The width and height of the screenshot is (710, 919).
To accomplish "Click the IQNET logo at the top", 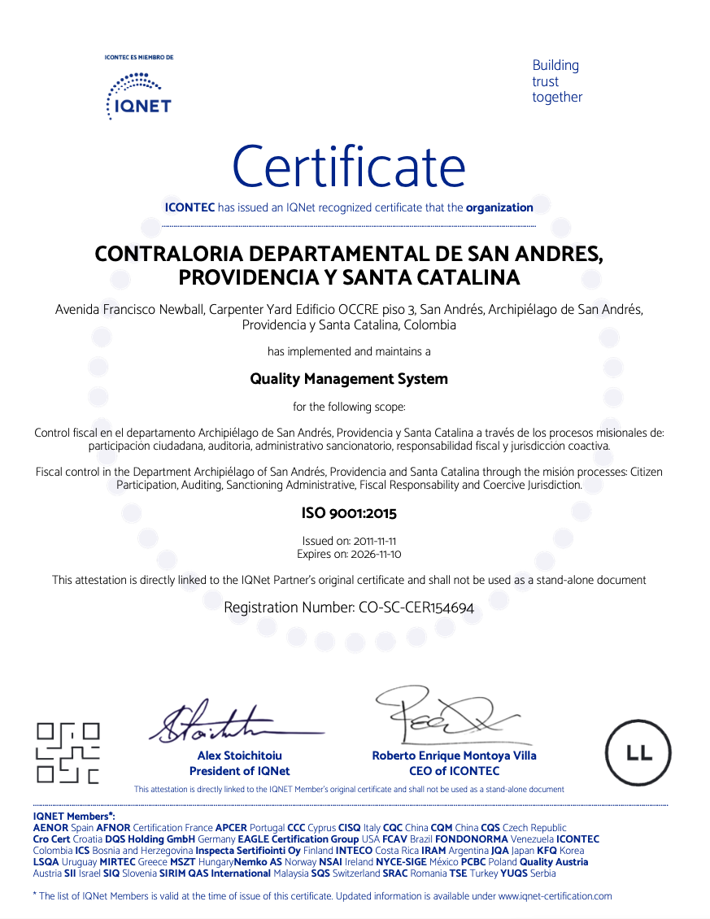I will click(x=139, y=96).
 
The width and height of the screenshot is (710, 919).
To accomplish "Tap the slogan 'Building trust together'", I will click(x=557, y=81).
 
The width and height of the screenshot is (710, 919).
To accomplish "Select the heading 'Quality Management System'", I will click(x=349, y=379).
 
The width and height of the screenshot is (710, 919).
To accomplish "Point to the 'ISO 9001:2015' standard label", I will click(x=349, y=513).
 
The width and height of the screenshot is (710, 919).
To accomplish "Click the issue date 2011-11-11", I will click(x=372, y=541).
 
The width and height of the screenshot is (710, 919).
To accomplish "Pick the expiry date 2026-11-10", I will click(x=374, y=554).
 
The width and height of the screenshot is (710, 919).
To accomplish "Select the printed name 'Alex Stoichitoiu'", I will click(x=239, y=756).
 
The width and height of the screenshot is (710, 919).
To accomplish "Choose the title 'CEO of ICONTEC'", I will click(x=454, y=771).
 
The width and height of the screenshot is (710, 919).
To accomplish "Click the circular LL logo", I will click(x=639, y=752).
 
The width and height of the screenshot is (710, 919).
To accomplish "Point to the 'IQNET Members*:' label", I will click(x=74, y=816).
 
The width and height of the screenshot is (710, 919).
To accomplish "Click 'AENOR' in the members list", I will click(x=50, y=827).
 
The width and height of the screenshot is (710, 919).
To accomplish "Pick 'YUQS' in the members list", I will click(x=512, y=873).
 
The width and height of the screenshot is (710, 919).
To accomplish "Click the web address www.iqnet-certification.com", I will click(x=555, y=895).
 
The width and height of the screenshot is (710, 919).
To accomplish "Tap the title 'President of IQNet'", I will click(x=239, y=771).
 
